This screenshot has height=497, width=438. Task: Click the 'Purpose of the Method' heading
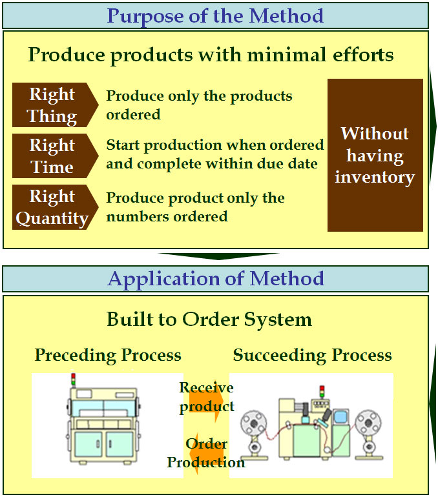tap(215, 15)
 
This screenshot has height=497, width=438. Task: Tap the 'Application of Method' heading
tap(215, 279)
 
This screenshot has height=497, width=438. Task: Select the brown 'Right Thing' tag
tap(52, 105)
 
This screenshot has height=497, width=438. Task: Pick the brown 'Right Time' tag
tap(52, 156)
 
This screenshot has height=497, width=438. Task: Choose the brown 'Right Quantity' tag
tap(52, 207)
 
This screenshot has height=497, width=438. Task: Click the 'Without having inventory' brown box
tap(375, 155)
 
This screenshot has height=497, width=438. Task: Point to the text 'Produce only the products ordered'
tap(199, 105)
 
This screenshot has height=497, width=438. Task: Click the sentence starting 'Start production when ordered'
tap(215, 154)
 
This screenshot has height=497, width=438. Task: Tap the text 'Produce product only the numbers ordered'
tap(195, 207)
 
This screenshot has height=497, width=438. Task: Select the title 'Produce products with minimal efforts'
tap(211, 54)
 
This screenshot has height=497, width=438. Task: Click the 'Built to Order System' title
tap(209, 319)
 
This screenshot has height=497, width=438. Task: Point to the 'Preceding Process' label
tap(108, 354)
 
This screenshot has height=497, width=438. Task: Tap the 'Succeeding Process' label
tap(312, 354)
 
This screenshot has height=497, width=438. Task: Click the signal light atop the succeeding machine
tap(322, 391)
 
